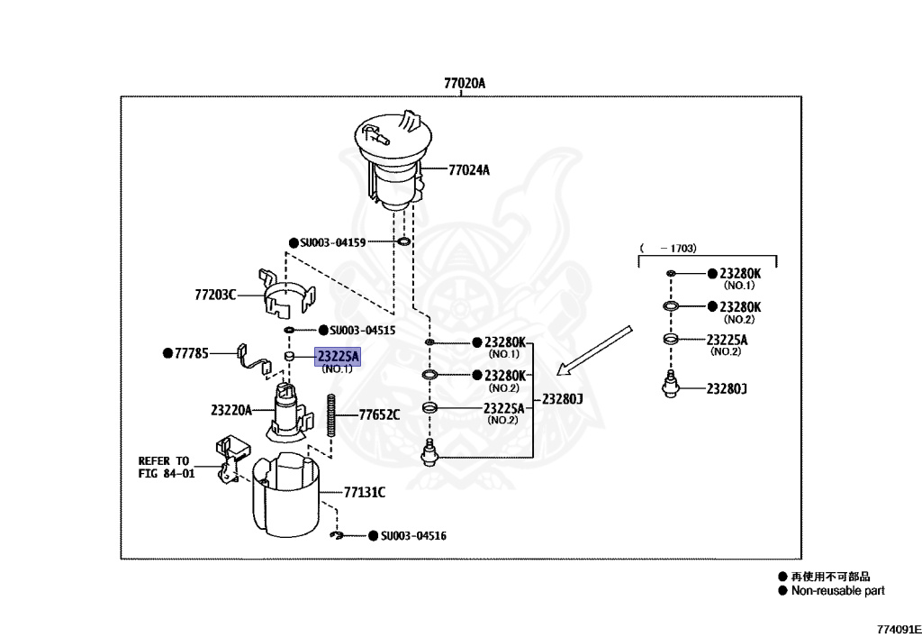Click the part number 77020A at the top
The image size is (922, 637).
tap(465, 83)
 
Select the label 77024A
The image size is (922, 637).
tap(468, 170)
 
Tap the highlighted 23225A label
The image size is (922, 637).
tap(338, 356)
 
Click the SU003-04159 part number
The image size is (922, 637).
tap(333, 242)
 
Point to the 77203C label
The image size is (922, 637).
tap(215, 294)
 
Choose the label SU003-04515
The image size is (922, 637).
tap(362, 331)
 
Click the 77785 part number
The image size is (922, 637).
tap(192, 353)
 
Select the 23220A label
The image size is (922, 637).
tap(231, 409)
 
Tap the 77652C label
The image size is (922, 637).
tap(379, 414)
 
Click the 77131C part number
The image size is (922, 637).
tap(365, 492)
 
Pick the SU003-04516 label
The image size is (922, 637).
tap(413, 536)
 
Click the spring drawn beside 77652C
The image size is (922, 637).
tap(331, 415)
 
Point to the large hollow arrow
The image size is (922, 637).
tap(594, 350)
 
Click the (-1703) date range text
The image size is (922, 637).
tap(668, 248)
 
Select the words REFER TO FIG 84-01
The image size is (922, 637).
tap(167, 467)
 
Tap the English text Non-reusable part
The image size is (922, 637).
tap(838, 590)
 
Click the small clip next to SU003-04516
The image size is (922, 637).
tap(337, 535)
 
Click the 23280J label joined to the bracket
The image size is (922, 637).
tap(562, 399)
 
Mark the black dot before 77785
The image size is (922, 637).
tap(167, 353)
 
